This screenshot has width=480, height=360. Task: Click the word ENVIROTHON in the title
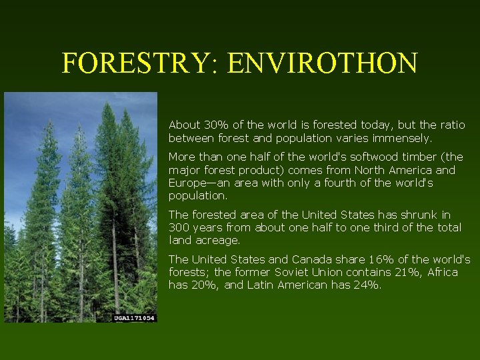point(322,63)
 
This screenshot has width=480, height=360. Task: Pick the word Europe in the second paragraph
point(188,183)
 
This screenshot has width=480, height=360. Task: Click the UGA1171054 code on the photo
point(134,318)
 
